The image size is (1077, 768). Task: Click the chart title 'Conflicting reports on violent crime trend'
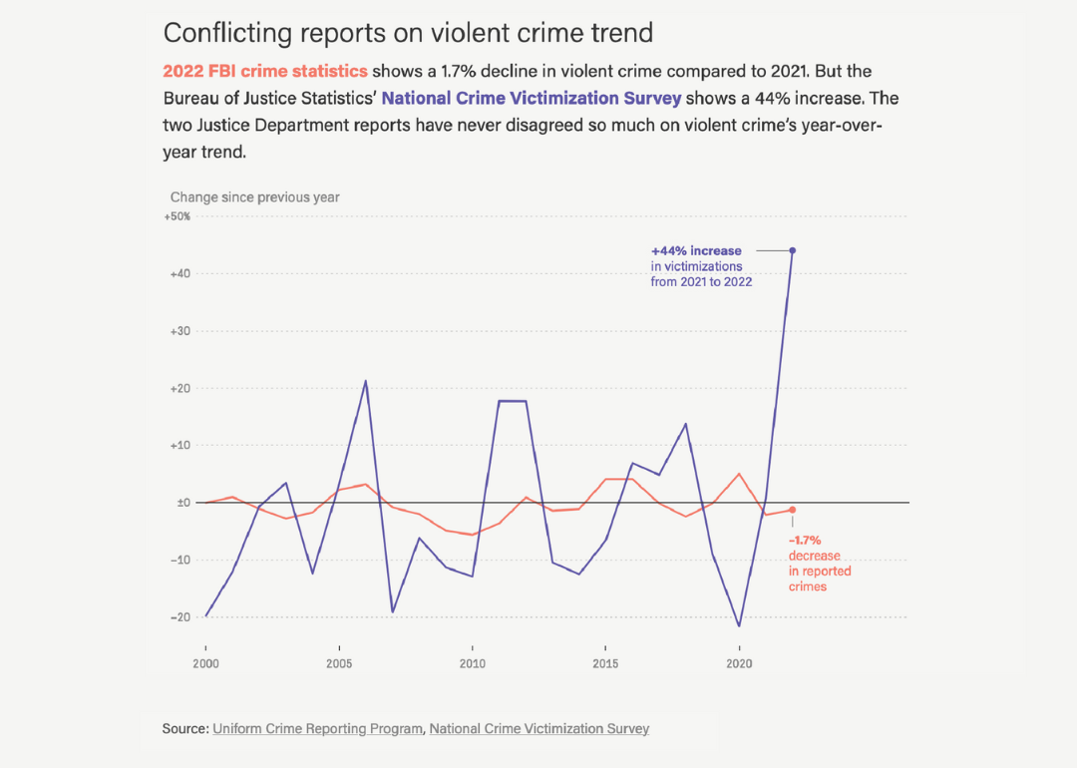[x=408, y=33]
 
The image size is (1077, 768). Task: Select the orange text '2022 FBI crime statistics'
[x=265, y=72]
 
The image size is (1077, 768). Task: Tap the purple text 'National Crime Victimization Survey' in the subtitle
[x=532, y=99]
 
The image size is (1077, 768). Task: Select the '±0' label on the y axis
[x=182, y=503]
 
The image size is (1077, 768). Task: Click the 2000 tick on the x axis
[x=205, y=663]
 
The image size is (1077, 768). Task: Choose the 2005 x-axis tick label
[x=339, y=663]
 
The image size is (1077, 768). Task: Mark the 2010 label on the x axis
[x=472, y=663]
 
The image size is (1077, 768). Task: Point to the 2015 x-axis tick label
[x=605, y=663]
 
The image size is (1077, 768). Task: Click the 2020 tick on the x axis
[x=738, y=663]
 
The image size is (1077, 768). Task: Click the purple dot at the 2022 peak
[x=792, y=250]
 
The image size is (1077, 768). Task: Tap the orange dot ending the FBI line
[x=792, y=510]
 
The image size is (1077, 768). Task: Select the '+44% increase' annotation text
[x=696, y=251]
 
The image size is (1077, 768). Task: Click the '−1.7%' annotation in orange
[x=805, y=540]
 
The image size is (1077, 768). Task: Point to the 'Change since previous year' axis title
[x=254, y=197]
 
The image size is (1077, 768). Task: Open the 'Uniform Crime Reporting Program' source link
[x=317, y=729]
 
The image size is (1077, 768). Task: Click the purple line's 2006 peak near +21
[x=365, y=381]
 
